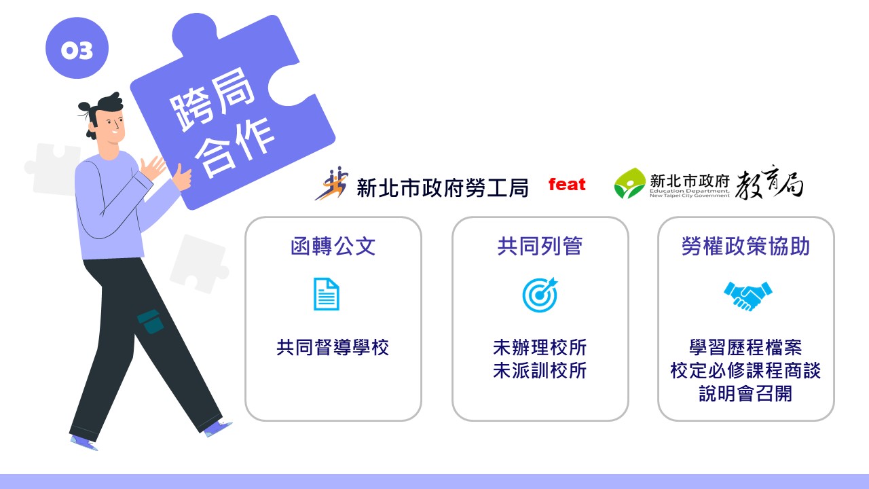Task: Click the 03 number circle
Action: pyautogui.click(x=77, y=48)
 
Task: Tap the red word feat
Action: pyautogui.click(x=567, y=184)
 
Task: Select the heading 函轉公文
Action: pyautogui.click(x=333, y=246)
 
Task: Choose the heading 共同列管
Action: pyautogui.click(x=540, y=246)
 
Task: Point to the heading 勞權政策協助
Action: pyautogui.click(x=745, y=246)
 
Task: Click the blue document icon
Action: pyautogui.click(x=327, y=294)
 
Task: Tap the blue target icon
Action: pyautogui.click(x=540, y=295)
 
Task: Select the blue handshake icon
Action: pyautogui.click(x=747, y=296)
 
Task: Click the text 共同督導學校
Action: pyautogui.click(x=333, y=347)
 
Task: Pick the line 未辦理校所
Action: pyautogui.click(x=540, y=347)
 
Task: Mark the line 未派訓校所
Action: pyautogui.click(x=540, y=371)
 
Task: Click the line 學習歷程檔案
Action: pyautogui.click(x=745, y=347)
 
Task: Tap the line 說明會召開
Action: pyautogui.click(x=745, y=393)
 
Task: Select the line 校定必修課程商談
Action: pyautogui.click(x=745, y=371)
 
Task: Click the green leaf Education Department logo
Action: pyautogui.click(x=629, y=183)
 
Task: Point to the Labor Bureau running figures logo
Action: pyautogui.click(x=332, y=183)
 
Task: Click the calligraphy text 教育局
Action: pyautogui.click(x=769, y=183)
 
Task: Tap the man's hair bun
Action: pyautogui.click(x=85, y=107)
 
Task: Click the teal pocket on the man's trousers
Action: pyautogui.click(x=151, y=322)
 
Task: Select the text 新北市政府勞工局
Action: pyautogui.click(x=442, y=188)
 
